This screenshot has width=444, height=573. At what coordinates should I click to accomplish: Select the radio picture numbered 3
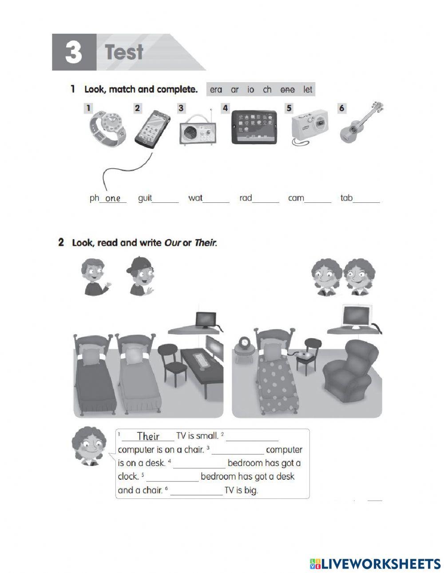(x=198, y=129)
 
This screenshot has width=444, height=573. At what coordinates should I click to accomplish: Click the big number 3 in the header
(x=74, y=52)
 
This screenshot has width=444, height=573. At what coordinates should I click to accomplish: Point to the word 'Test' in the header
(x=124, y=52)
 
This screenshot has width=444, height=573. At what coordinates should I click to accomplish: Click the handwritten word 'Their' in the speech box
(x=148, y=436)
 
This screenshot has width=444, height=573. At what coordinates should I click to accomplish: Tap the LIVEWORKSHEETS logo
(x=375, y=564)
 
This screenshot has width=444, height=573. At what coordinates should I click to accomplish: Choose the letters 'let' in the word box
(x=308, y=90)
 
